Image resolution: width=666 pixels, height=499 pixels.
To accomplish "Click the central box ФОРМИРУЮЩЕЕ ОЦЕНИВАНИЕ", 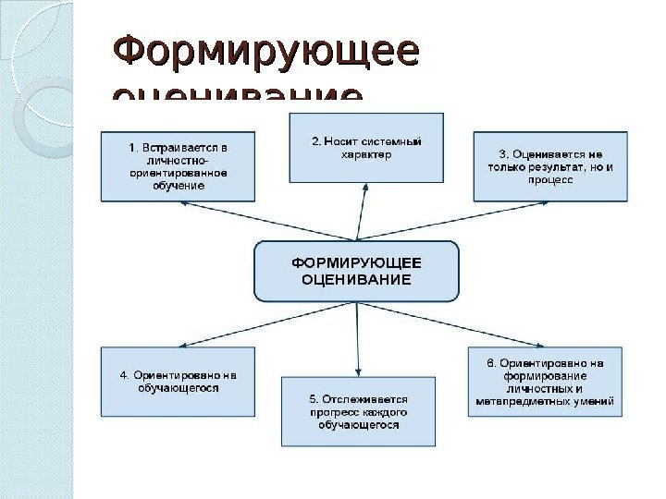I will pyautogui.click(x=356, y=271).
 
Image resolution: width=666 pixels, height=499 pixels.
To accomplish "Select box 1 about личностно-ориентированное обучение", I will pyautogui.click(x=178, y=166).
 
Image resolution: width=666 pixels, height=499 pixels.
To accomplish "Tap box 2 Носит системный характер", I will pyautogui.click(x=366, y=147).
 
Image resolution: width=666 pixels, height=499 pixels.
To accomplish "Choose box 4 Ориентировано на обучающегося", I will pyautogui.click(x=178, y=382).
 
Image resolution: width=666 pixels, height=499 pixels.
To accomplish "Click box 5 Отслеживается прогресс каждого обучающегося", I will pyautogui.click(x=358, y=411).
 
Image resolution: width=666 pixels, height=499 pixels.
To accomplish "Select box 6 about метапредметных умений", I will pyautogui.click(x=545, y=382).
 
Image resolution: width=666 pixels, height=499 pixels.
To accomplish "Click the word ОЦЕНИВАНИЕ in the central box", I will pyautogui.click(x=356, y=279).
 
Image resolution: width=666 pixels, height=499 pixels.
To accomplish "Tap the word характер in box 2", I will pyautogui.click(x=366, y=155).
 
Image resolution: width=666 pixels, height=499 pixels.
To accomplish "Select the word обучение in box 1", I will pyautogui.click(x=178, y=186).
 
